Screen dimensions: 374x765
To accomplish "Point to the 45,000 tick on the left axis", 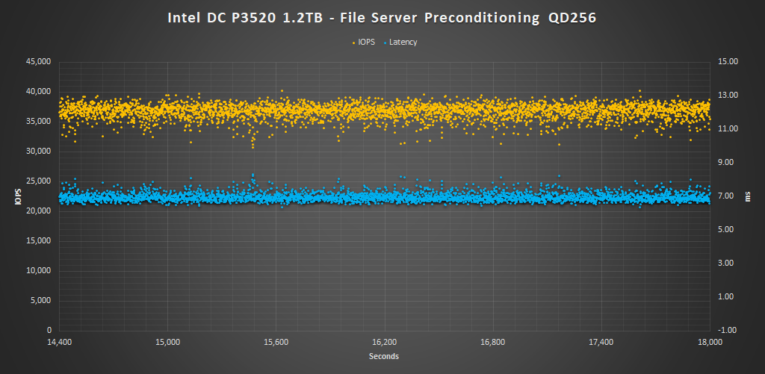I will (38, 61).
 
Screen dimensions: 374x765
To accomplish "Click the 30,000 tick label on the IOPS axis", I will (38, 151).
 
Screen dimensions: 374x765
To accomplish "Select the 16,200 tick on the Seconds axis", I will (384, 342).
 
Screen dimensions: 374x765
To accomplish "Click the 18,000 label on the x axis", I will (710, 342).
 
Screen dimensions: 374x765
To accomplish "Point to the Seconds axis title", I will (384, 356).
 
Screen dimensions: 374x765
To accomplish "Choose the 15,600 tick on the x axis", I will (276, 342).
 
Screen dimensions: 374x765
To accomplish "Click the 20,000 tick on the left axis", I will (38, 211).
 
